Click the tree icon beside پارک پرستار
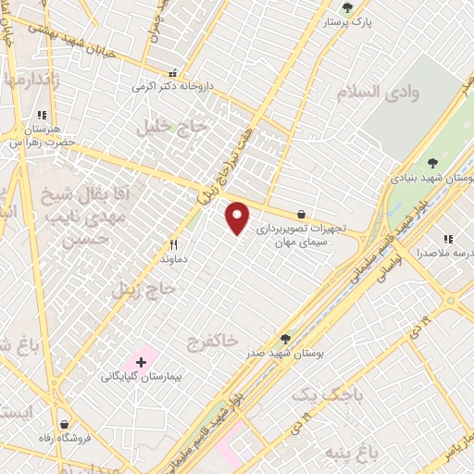(x=348, y=7)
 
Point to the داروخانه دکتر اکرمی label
(x=171, y=86)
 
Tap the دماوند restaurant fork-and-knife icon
(x=173, y=245)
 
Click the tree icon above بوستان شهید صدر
(x=285, y=339)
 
